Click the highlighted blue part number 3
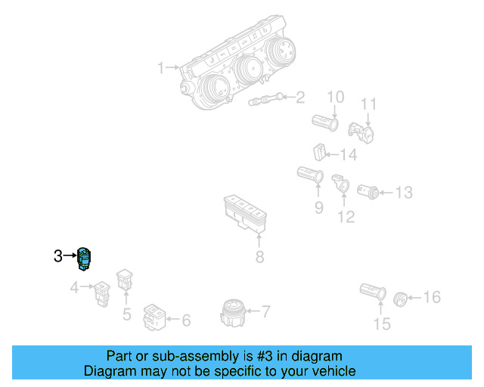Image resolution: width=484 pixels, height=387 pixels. pos(85,259)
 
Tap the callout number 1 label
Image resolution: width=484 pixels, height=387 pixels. pos(160,68)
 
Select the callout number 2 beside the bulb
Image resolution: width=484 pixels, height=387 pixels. pos(300,97)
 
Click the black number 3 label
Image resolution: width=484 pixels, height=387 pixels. pos(58,257)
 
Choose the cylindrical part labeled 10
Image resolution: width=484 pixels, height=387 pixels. pos(327,120)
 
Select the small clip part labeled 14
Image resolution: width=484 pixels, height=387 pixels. pos(320,153)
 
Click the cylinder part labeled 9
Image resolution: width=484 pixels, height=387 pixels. pos(310,177)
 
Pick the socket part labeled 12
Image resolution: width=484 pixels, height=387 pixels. pos(341,182)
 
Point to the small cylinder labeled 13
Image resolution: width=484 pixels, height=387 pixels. pos(369,190)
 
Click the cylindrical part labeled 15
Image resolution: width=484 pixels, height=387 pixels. pos(373,293)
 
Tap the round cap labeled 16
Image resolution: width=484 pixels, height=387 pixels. pos(402,299)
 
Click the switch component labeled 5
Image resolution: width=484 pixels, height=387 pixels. pos(125,281)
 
